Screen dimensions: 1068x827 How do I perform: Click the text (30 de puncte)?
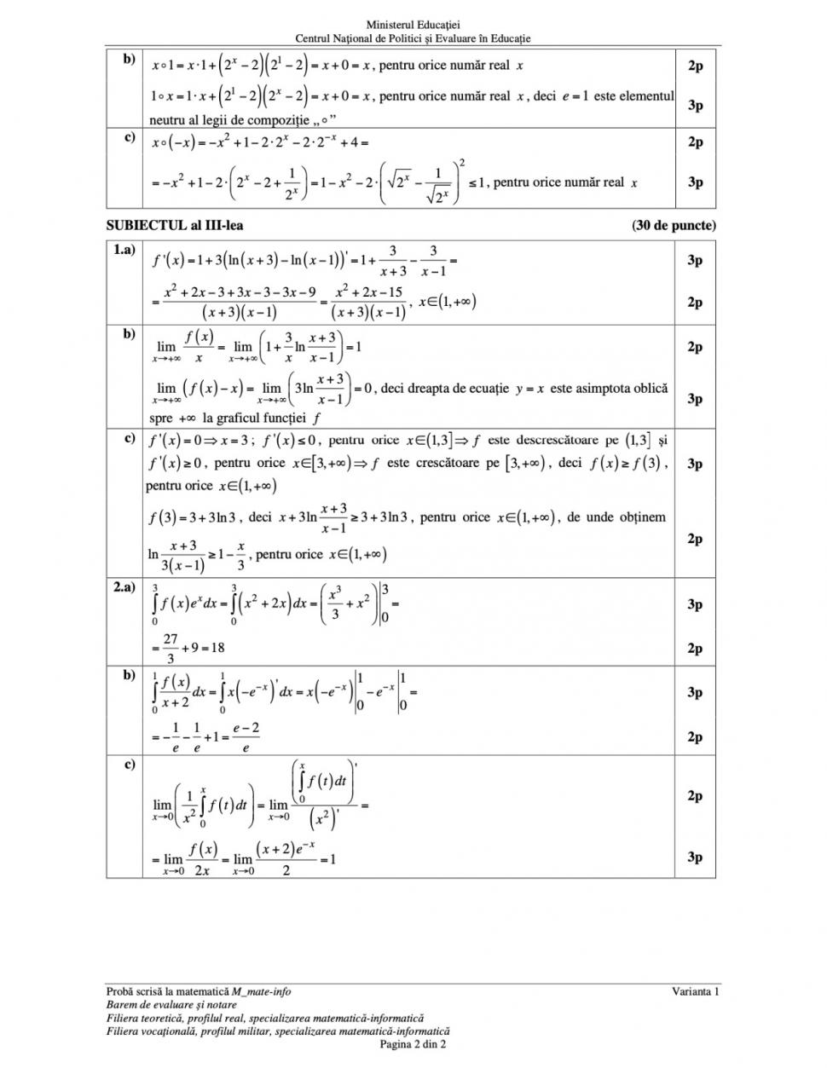click(x=674, y=226)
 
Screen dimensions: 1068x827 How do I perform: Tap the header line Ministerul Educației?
click(x=413, y=26)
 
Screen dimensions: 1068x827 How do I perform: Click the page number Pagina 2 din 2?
click(x=413, y=1043)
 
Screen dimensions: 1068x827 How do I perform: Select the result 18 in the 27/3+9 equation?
click(x=217, y=647)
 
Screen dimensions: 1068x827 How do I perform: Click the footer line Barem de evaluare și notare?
click(x=171, y=1004)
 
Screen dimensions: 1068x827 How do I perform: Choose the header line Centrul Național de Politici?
click(x=413, y=38)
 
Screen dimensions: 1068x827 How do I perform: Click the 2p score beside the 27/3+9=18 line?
click(x=695, y=649)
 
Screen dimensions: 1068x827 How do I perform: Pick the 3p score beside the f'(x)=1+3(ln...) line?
click(x=695, y=260)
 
